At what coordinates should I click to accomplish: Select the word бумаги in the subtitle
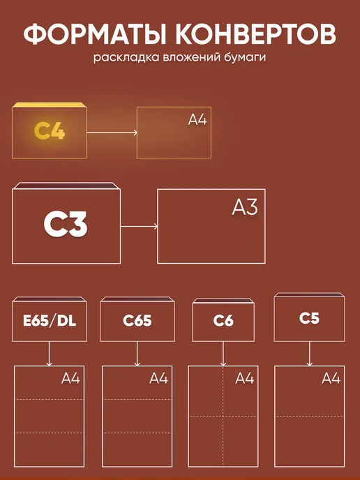tap(243, 57)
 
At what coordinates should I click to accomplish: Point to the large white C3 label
tap(66, 225)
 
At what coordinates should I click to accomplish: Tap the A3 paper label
tap(245, 207)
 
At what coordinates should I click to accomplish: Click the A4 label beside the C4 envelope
tap(197, 120)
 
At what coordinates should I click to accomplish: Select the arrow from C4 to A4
tap(112, 133)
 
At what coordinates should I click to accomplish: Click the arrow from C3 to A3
tap(140, 227)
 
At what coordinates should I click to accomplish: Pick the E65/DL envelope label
tap(50, 320)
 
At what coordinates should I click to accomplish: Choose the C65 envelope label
tap(137, 320)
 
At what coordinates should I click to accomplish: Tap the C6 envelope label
tap(223, 320)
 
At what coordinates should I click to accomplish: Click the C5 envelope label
tap(309, 318)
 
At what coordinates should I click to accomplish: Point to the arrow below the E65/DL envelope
tap(49, 354)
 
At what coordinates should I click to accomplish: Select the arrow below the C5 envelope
tap(309, 354)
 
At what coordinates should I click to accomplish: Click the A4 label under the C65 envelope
tap(158, 379)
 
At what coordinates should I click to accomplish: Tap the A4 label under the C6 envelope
tap(245, 379)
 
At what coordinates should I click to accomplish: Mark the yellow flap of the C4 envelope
tap(50, 105)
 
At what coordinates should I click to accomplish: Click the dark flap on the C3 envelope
tap(66, 186)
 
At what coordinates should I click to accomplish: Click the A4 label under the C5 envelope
tap(331, 379)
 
